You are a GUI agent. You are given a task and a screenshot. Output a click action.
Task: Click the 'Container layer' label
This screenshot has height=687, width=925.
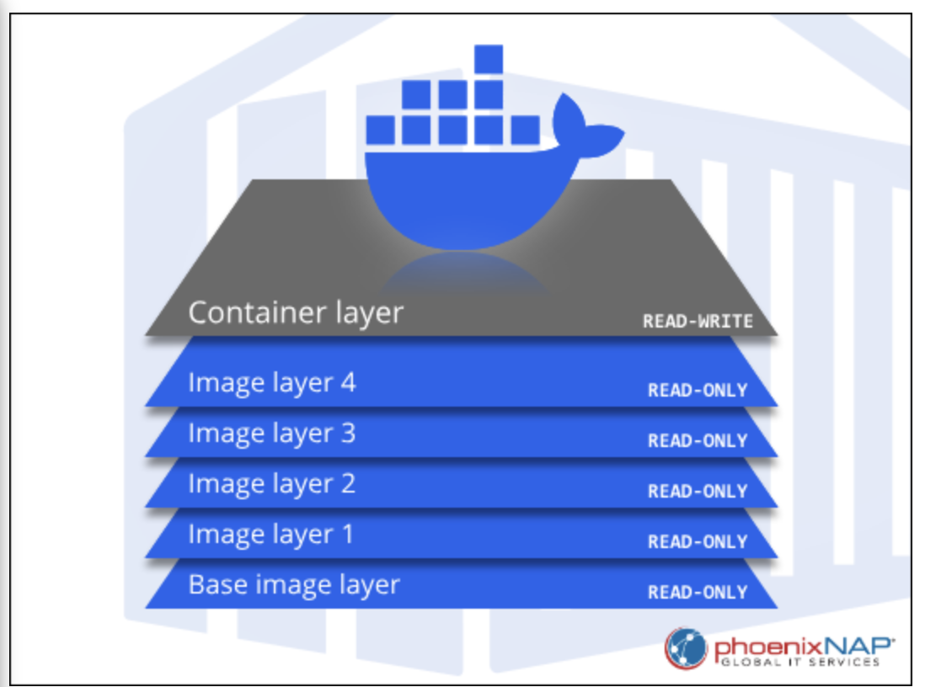[x=296, y=312]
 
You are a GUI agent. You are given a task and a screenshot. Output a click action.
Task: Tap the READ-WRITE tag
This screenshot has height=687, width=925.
[x=698, y=321]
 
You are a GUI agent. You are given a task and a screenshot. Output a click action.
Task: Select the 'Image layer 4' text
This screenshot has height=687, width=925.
[x=271, y=383]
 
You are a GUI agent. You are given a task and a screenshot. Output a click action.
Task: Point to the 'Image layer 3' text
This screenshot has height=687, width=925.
[x=271, y=434]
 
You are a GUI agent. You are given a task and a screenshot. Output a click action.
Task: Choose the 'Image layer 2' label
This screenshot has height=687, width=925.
[x=271, y=484]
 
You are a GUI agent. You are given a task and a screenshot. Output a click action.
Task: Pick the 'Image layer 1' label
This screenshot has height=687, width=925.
[x=271, y=535]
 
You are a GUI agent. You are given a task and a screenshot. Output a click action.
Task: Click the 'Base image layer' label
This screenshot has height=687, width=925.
[x=294, y=585]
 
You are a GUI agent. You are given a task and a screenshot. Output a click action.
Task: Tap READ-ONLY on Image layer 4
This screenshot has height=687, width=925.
[x=698, y=390]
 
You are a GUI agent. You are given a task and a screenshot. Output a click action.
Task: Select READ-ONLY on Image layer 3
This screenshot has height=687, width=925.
[x=698, y=440]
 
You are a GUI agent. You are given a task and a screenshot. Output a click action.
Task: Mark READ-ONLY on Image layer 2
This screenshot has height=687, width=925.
[x=698, y=491]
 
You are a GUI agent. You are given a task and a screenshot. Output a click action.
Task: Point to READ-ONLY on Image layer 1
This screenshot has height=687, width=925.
[x=698, y=541]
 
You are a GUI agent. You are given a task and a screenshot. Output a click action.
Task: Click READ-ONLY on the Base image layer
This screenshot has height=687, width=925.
[x=698, y=592]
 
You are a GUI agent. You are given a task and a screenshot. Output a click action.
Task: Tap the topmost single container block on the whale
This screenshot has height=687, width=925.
[x=489, y=59]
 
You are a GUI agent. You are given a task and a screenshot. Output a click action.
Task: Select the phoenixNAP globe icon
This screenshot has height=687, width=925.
[x=686, y=648]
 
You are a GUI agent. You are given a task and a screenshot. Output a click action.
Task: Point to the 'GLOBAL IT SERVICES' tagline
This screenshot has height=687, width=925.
[x=799, y=663]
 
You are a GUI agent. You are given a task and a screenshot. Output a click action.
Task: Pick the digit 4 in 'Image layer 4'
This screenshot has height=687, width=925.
[x=346, y=383]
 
